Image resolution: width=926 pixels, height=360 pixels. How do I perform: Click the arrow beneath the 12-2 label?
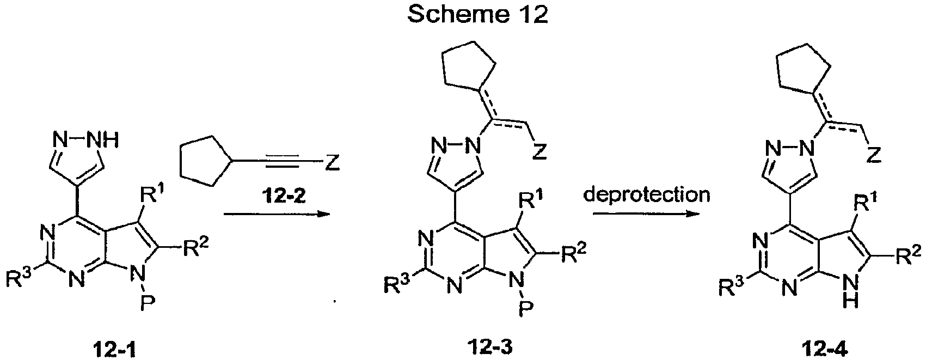click(x=276, y=213)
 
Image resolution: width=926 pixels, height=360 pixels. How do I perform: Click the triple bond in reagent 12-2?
click(x=282, y=163)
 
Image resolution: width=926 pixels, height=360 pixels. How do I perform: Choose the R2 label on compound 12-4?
click(x=910, y=254)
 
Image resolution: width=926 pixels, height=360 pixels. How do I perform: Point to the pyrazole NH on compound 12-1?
click(x=105, y=139)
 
